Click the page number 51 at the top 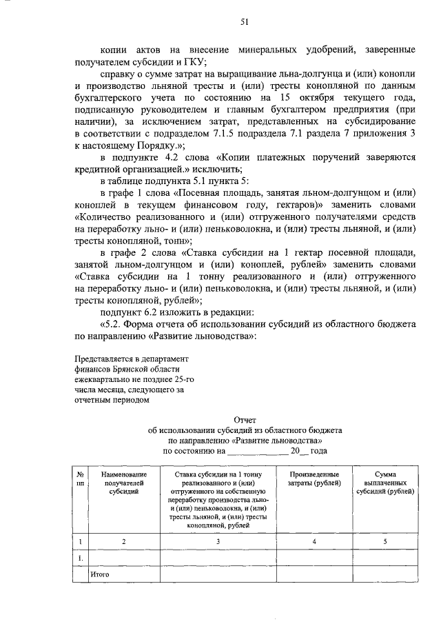click(x=244, y=21)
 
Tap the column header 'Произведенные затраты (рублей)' click(x=314, y=479)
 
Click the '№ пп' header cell click(x=81, y=479)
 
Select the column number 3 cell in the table click(x=217, y=542)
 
